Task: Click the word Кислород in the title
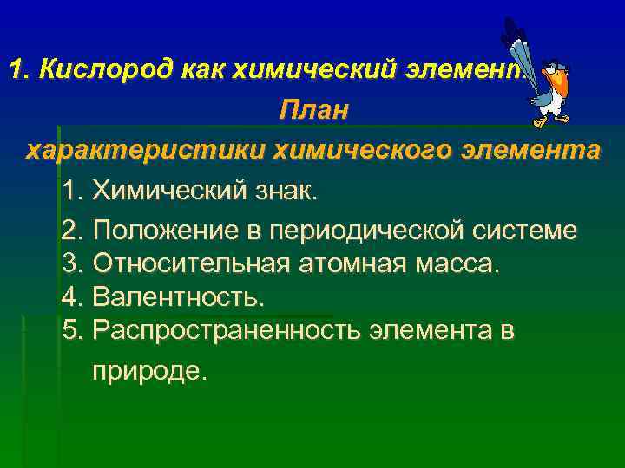coord(106,69)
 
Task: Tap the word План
coord(312,111)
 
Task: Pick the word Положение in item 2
coord(161,230)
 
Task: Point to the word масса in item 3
coord(457,263)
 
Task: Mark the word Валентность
coord(178,297)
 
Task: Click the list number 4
coord(72,297)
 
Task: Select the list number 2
coord(72,230)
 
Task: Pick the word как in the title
coord(202,69)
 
